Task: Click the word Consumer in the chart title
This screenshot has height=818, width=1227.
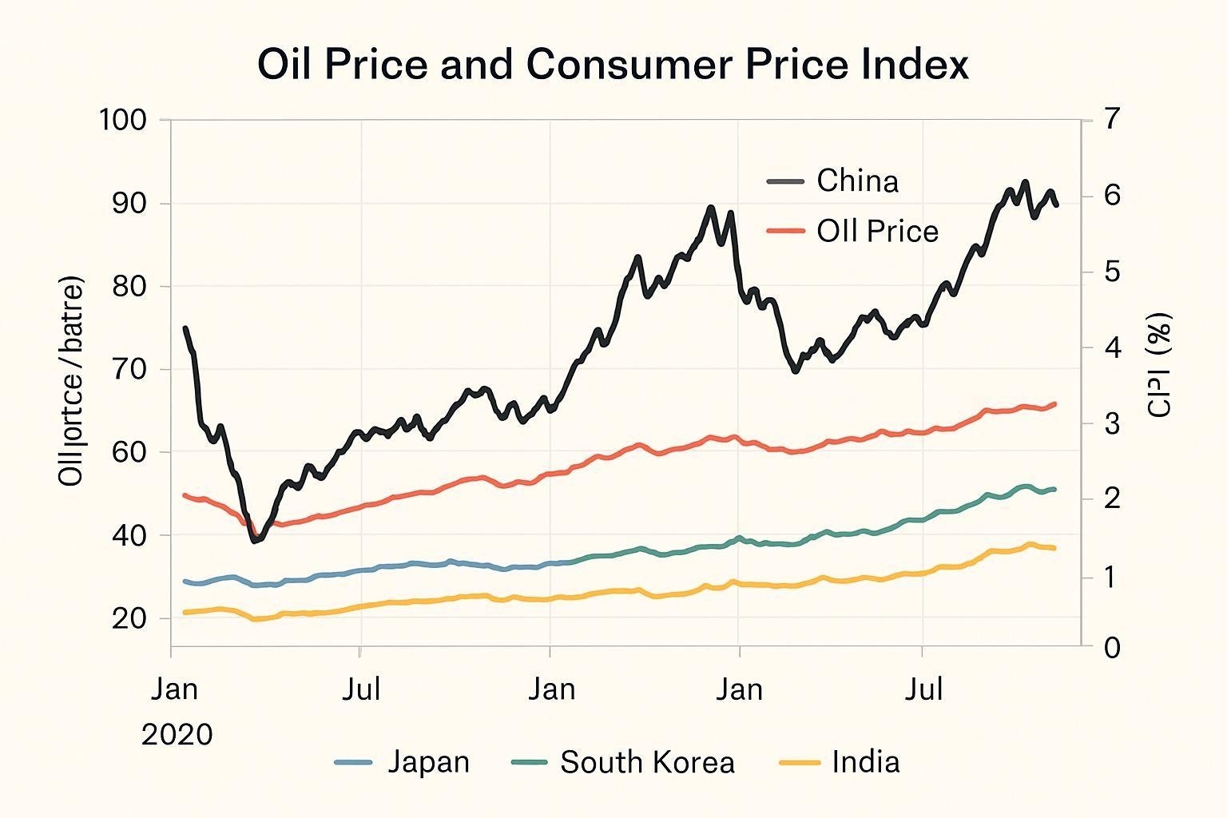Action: click(628, 65)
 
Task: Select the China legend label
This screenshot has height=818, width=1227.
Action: click(857, 181)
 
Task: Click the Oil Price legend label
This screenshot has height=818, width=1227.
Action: click(877, 232)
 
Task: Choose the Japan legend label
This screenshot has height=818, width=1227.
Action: click(428, 762)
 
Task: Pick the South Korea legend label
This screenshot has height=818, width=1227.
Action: click(647, 762)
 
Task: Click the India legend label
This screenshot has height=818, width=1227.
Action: click(865, 762)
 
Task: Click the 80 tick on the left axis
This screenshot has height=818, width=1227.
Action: click(129, 286)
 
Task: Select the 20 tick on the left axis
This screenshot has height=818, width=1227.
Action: click(129, 618)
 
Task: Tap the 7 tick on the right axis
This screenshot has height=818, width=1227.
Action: click(1113, 119)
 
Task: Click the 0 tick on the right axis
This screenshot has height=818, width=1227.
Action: click(1113, 648)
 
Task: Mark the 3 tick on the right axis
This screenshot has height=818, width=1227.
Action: click(1113, 423)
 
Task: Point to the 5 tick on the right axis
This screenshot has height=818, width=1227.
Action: click(1113, 272)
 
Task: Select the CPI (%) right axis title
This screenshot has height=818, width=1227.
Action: click(1159, 365)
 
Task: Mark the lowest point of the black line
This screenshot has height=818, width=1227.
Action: click(255, 541)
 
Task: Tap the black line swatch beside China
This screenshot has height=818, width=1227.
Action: click(784, 181)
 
